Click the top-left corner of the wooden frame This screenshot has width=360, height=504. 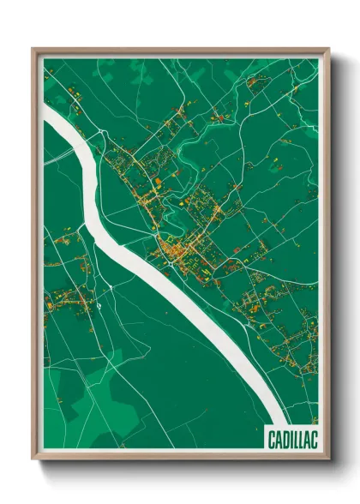point(33,49)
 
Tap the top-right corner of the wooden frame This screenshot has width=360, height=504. point(328,49)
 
